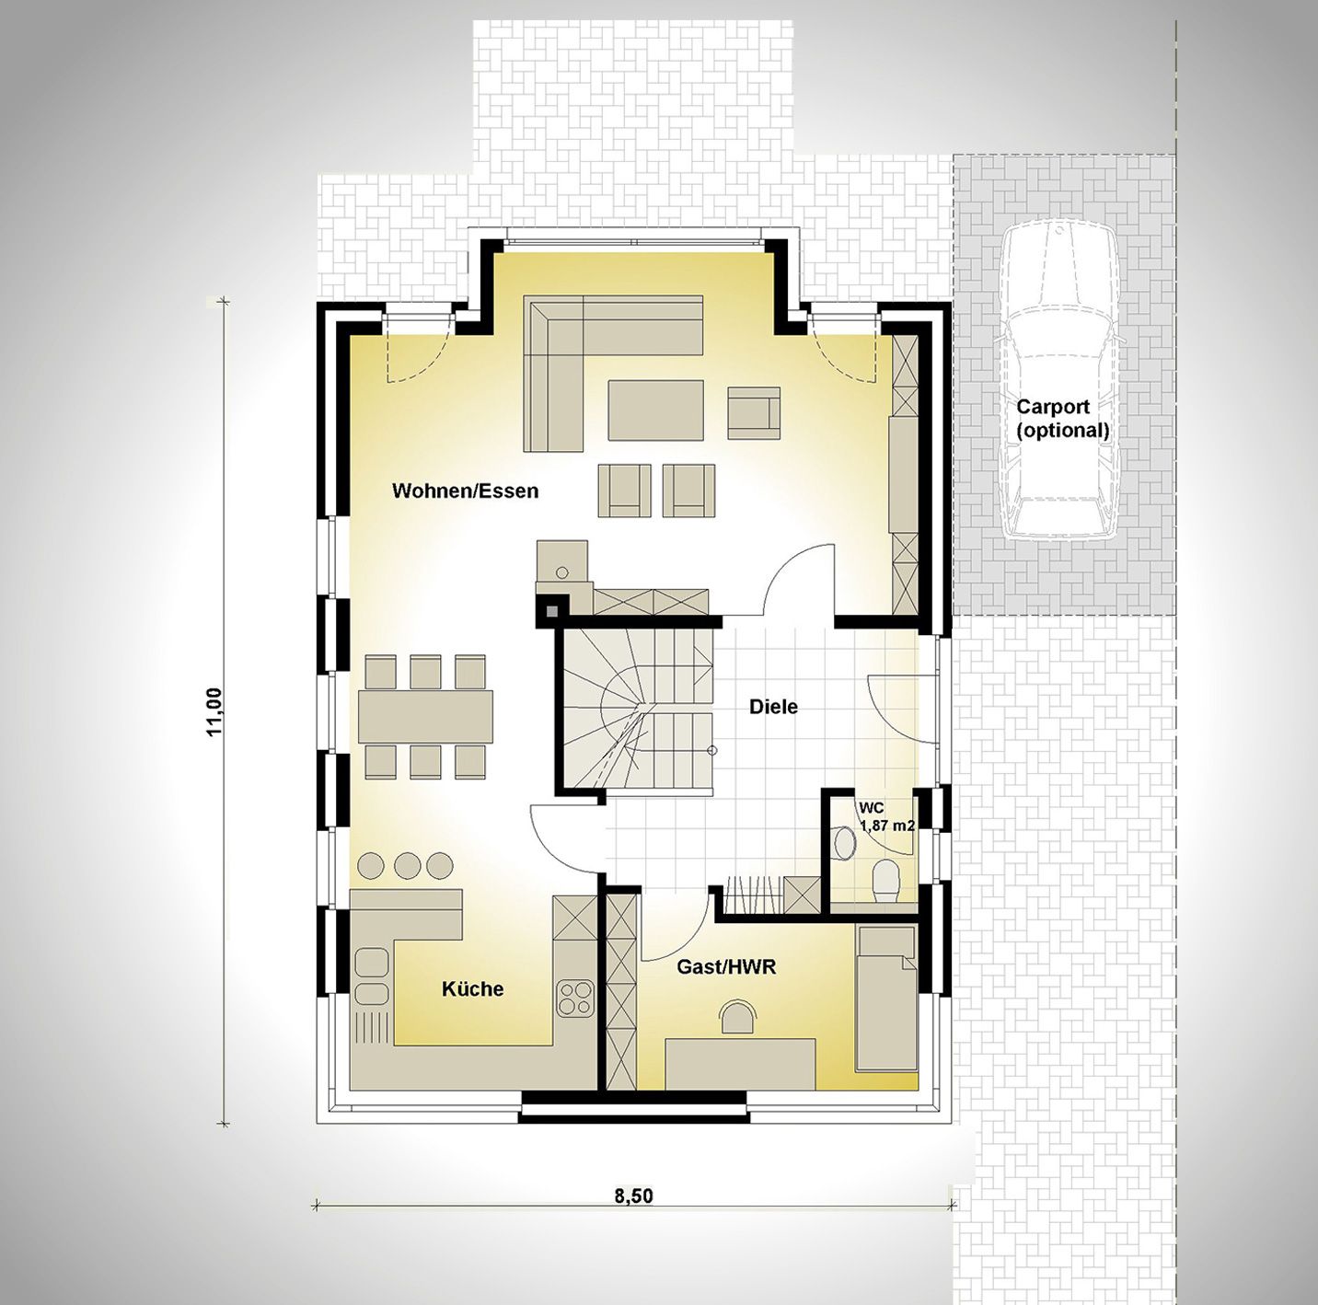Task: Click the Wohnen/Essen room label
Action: [465, 491]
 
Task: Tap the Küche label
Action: [472, 989]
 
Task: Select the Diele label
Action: [773, 707]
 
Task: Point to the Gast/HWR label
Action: [726, 967]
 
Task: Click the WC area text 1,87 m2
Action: [887, 826]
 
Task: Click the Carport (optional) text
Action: [1062, 418]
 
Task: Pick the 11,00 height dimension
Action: [214, 712]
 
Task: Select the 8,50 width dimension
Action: [633, 1215]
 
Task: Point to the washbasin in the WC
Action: [846, 842]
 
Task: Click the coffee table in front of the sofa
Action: [655, 410]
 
